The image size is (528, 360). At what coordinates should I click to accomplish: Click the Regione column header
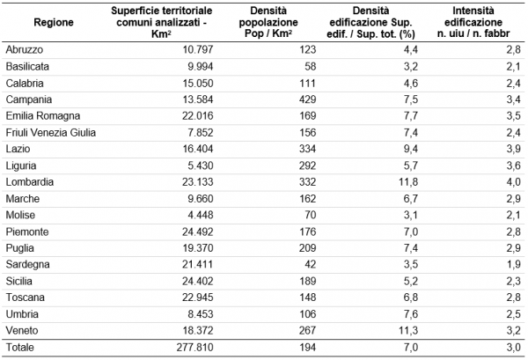click(x=54, y=22)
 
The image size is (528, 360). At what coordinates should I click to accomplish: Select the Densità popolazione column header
click(x=268, y=22)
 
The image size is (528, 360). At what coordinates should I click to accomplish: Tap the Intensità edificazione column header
click(x=473, y=22)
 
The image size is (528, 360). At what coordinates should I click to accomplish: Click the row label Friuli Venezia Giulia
click(x=50, y=132)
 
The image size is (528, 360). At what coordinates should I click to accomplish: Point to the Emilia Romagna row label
click(x=43, y=116)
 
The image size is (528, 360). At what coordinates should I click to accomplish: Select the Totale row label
click(x=20, y=347)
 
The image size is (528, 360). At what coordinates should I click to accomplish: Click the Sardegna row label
click(x=27, y=264)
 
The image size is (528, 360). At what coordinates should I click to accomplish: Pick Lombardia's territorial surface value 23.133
click(x=198, y=182)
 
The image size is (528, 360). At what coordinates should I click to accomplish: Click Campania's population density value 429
click(x=307, y=99)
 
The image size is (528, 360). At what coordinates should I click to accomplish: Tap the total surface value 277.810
click(x=195, y=347)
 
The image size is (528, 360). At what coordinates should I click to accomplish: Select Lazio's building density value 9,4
click(x=410, y=149)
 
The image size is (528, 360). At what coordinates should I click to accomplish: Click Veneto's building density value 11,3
click(x=408, y=330)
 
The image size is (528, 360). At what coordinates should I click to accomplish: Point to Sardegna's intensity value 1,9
click(x=513, y=264)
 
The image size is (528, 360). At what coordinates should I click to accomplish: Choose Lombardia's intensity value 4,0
click(x=513, y=182)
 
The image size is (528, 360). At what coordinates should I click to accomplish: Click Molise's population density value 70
click(x=310, y=215)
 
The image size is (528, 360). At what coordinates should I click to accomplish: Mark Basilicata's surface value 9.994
click(x=201, y=66)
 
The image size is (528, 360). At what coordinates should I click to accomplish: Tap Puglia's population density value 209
click(x=307, y=248)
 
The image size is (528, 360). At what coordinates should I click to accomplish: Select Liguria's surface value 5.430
click(x=201, y=165)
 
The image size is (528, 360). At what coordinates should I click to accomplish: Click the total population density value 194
click(x=307, y=347)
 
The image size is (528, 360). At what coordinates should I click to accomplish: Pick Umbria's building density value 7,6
click(x=410, y=314)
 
